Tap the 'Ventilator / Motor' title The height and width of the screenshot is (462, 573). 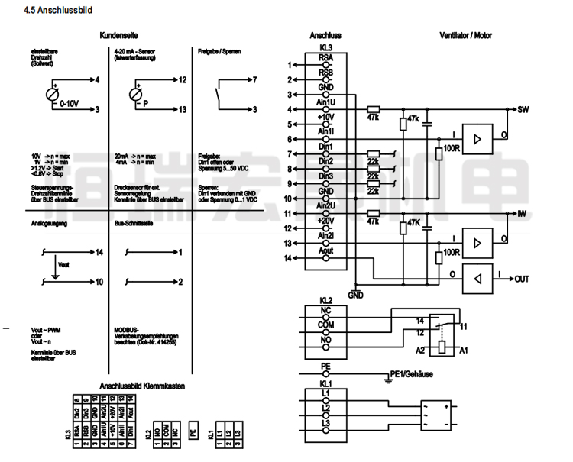coord(466,36)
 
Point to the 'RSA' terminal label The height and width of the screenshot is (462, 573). coord(325,58)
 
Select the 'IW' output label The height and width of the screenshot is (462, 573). coord(523,213)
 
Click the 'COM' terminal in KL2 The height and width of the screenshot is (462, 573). coord(325,325)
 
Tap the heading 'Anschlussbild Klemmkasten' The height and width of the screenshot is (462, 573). coord(142,386)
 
